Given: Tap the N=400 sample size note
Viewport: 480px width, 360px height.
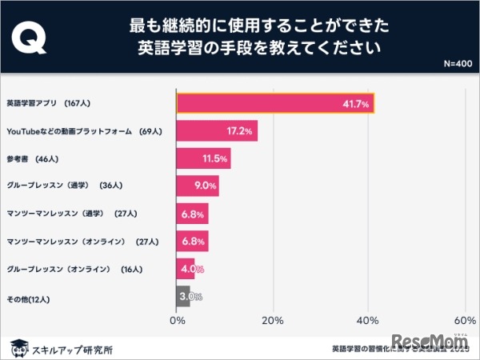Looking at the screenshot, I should coord(457,63).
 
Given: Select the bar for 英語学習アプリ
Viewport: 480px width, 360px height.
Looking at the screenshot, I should coord(275,104).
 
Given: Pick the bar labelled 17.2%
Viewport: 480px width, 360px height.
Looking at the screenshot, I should coord(217,130).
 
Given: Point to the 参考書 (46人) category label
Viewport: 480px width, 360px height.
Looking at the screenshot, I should coord(32,158).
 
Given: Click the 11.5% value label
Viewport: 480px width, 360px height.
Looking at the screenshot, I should coord(215,158).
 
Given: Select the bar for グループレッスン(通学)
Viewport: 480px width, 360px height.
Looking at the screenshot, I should coord(197,186).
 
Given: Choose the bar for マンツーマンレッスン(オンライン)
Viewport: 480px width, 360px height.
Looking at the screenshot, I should coord(192,241).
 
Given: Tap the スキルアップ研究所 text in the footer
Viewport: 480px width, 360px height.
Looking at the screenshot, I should coord(72,348).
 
